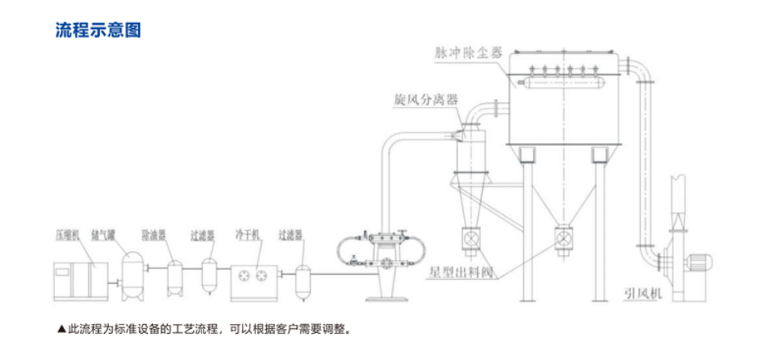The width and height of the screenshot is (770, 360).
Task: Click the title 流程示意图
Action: click(98, 31)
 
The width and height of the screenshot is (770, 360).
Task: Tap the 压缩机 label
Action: click(67, 234)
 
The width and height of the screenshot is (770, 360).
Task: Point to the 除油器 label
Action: click(154, 235)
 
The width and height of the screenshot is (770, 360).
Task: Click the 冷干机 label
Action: click(246, 235)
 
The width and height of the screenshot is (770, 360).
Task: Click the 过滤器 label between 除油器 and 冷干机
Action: click(202, 235)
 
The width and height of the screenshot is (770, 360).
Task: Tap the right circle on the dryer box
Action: click(265, 276)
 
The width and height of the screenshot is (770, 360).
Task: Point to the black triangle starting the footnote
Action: click(61, 330)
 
